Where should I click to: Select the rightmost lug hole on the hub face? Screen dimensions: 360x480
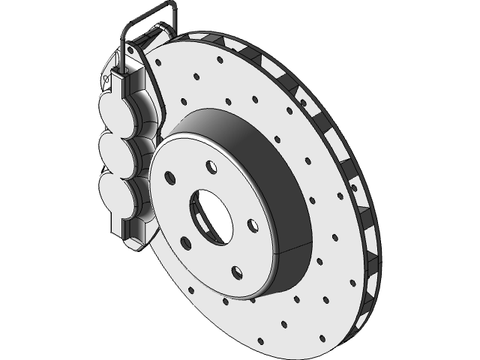pos(253,224)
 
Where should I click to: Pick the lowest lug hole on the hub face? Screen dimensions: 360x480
pos(236,269)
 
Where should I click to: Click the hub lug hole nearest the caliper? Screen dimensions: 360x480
pos(169,178)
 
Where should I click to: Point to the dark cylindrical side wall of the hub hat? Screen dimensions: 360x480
pos(277,172)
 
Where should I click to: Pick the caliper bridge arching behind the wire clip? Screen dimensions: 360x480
pos(157,37)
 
